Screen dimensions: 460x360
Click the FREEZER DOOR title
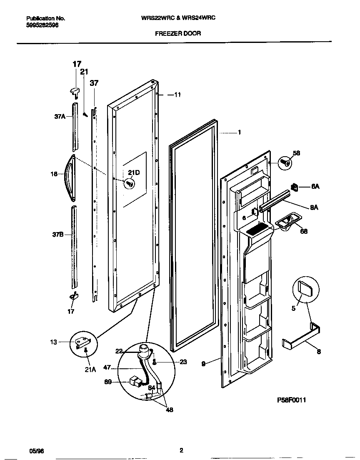click(178, 33)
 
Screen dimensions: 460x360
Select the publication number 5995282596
click(42, 25)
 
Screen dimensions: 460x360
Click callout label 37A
click(60, 117)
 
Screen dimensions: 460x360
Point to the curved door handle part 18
click(68, 175)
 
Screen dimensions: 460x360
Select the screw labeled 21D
click(129, 182)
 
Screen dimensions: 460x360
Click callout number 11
click(177, 95)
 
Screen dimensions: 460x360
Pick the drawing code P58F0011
click(292, 400)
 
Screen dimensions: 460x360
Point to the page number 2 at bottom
click(181, 450)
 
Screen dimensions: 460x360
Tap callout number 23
click(183, 362)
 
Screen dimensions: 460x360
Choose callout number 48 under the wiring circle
click(169, 410)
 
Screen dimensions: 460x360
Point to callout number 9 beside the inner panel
click(203, 363)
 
